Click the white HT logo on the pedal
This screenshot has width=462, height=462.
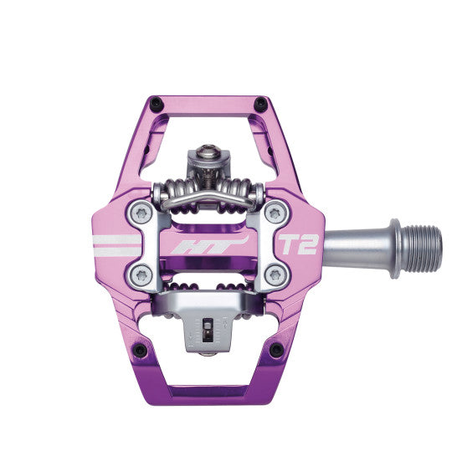210,244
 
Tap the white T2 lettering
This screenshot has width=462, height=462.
299,244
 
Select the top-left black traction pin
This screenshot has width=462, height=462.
157,104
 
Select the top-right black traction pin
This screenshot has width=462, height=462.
260,104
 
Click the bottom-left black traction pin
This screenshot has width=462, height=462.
140,350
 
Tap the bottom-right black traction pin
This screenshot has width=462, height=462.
277,350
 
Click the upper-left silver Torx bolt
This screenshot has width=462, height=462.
141,213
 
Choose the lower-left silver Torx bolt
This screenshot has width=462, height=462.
141,275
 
